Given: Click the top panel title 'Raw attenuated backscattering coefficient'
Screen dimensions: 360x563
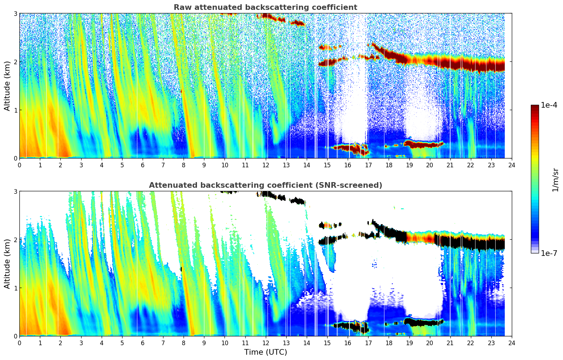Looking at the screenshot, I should [265, 7].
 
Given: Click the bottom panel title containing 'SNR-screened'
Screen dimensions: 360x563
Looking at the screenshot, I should [265, 185].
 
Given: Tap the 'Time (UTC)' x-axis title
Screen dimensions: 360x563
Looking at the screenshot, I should [265, 352].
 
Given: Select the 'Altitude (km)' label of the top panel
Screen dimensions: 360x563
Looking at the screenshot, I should [7, 86].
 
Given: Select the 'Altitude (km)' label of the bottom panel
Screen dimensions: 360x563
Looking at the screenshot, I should [7, 264].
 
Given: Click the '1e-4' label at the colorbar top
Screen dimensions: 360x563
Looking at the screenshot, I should [549, 105].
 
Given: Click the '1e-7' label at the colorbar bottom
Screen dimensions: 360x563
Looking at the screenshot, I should [549, 253].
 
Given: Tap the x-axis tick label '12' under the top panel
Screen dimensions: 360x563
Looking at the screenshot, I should [265, 165].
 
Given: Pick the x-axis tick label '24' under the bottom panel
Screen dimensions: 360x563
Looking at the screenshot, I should [512, 343].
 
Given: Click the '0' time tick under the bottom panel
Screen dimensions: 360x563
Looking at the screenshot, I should [19, 343].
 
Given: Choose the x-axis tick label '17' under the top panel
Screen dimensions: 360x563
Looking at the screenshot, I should [368, 165].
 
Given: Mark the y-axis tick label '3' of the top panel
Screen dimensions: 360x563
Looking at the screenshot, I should [15, 13].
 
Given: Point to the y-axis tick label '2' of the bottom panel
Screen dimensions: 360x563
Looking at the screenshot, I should [15, 240].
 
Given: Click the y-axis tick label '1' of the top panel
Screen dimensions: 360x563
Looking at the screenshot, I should [15, 110].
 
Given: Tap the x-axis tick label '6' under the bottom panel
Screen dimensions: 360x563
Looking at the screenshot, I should [143, 343].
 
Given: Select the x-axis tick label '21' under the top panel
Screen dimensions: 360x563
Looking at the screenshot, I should [450, 165].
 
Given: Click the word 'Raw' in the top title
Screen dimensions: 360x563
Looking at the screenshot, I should [180, 7].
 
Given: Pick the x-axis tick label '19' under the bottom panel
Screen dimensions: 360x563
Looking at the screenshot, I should [409, 343].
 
